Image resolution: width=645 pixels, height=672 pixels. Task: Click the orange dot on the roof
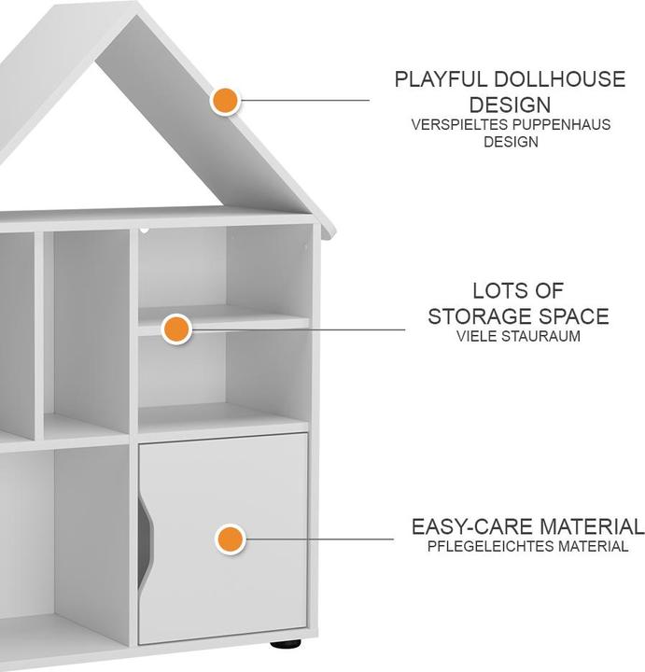225,100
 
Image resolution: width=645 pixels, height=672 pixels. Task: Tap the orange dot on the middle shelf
176,329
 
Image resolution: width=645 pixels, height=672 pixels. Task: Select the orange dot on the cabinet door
231,539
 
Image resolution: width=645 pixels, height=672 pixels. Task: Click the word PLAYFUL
441,79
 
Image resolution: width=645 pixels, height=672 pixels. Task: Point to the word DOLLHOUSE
560,79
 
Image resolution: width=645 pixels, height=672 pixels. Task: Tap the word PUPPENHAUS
562,125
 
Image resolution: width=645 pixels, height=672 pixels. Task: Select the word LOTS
498,291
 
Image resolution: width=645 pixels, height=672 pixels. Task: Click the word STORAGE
480,316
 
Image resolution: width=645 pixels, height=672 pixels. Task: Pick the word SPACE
574,316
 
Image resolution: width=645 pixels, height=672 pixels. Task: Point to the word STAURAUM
540,336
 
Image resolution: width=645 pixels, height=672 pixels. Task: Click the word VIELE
477,336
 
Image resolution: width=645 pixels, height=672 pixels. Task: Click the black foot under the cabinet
286,644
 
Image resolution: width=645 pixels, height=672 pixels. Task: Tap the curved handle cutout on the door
145,540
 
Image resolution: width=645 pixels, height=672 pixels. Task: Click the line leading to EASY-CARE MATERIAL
320,539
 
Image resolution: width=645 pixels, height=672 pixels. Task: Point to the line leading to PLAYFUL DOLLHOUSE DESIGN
305,100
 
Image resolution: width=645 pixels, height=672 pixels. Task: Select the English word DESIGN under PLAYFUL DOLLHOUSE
510,105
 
